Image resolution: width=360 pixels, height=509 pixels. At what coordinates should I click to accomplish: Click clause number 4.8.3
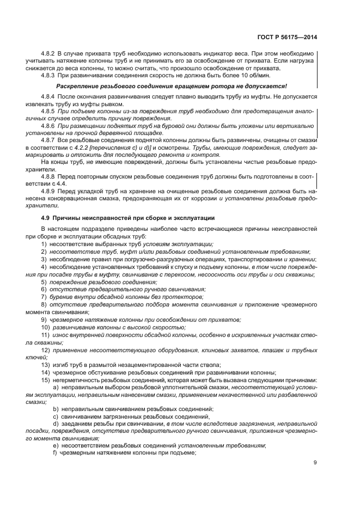tap(50, 75)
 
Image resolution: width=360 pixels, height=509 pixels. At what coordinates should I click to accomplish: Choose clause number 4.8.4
tap(50, 96)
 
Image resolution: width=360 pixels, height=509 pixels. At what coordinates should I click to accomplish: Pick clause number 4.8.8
tap(50, 177)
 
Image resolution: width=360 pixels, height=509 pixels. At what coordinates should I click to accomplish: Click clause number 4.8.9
tap(50, 191)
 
